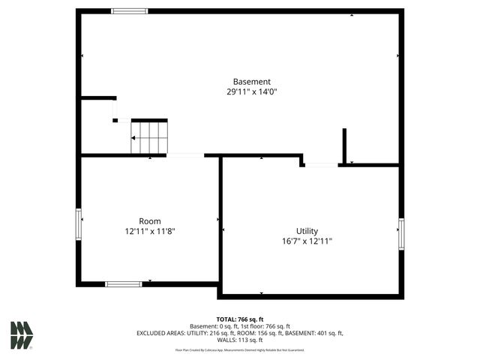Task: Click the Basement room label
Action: click(251, 82)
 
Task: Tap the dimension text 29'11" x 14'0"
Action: click(251, 92)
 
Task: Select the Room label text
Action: click(150, 221)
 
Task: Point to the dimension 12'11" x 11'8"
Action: click(150, 232)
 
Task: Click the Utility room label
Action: click(307, 231)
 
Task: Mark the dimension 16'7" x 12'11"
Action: click(307, 241)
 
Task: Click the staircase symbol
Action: click(149, 137)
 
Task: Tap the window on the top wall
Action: click(130, 10)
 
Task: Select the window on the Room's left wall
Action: click(78, 224)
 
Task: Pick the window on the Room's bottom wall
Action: click(124, 283)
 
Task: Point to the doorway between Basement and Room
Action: click(185, 155)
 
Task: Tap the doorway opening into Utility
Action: click(321, 164)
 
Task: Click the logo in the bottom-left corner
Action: click(22, 334)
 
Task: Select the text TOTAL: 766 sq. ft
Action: click(239, 319)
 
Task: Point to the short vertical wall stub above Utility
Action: click(344, 145)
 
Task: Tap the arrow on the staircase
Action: click(134, 138)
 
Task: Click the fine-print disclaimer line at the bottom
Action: click(239, 349)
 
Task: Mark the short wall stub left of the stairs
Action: click(98, 97)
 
